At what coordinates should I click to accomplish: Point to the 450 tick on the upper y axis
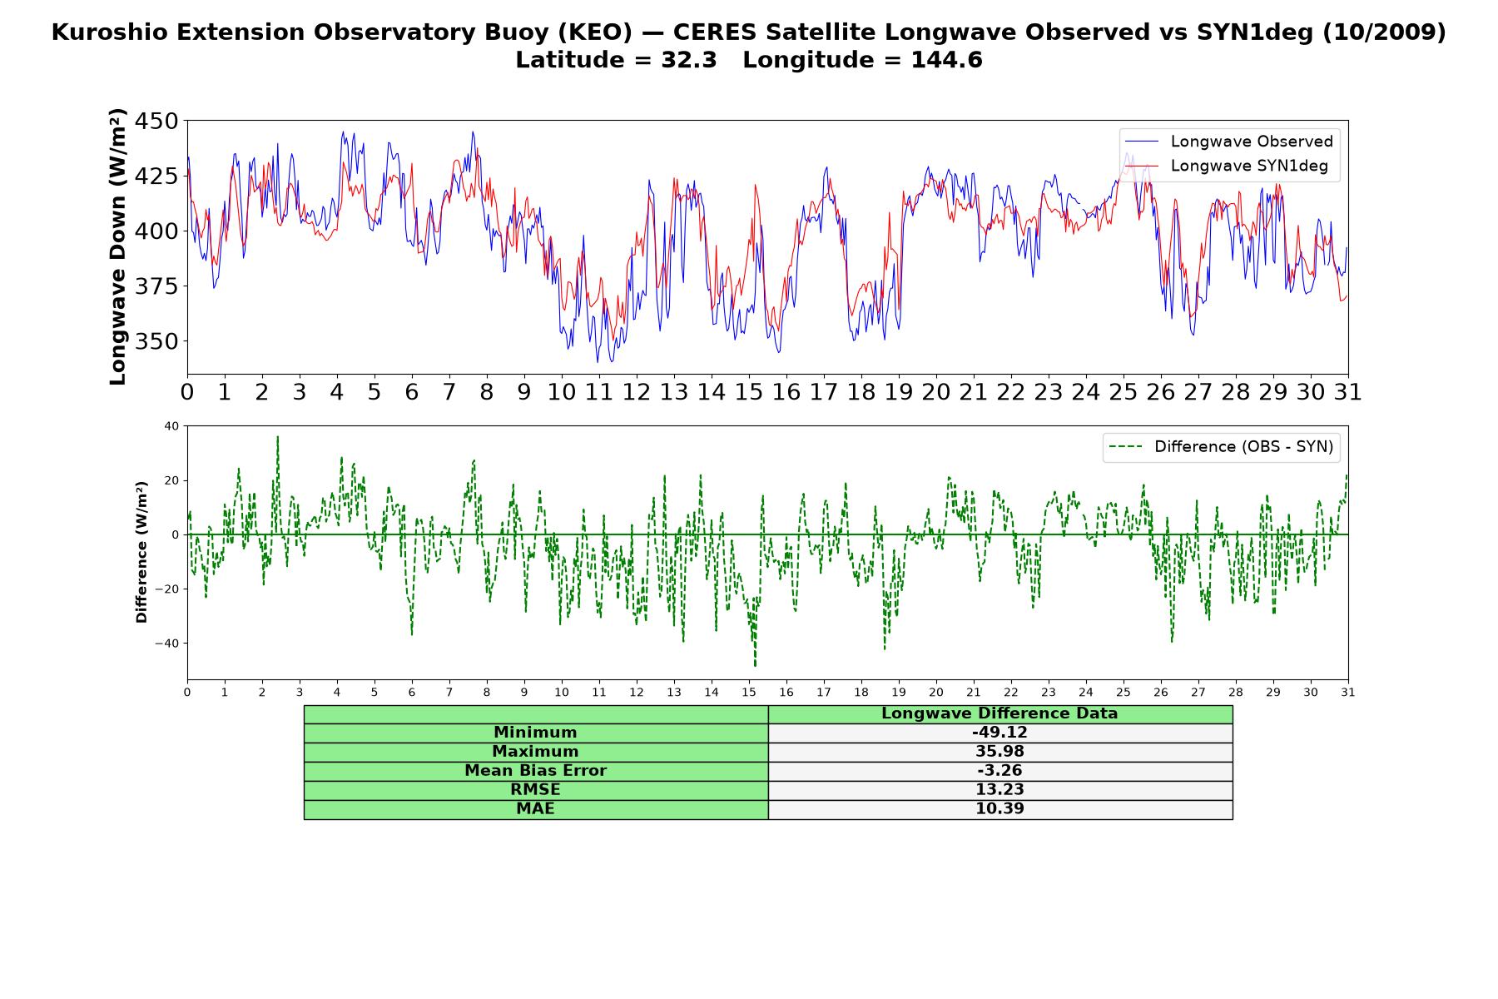[x=156, y=122]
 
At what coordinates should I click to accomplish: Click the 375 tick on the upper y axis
[x=156, y=286]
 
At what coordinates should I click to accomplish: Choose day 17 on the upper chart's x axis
[x=824, y=391]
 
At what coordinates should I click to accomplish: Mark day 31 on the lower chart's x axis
[x=1348, y=692]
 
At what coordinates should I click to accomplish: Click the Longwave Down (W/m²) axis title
[x=118, y=247]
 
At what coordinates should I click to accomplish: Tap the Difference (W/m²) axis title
[x=142, y=552]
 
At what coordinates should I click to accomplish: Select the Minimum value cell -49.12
[x=999, y=733]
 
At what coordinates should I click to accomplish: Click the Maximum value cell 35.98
[x=999, y=752]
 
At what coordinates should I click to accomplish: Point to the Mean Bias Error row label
[x=535, y=771]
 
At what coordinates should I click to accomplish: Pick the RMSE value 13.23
[x=999, y=790]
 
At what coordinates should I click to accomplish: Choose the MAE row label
[x=535, y=809]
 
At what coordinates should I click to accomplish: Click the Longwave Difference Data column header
[x=999, y=713]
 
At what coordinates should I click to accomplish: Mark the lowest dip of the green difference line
[x=755, y=666]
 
